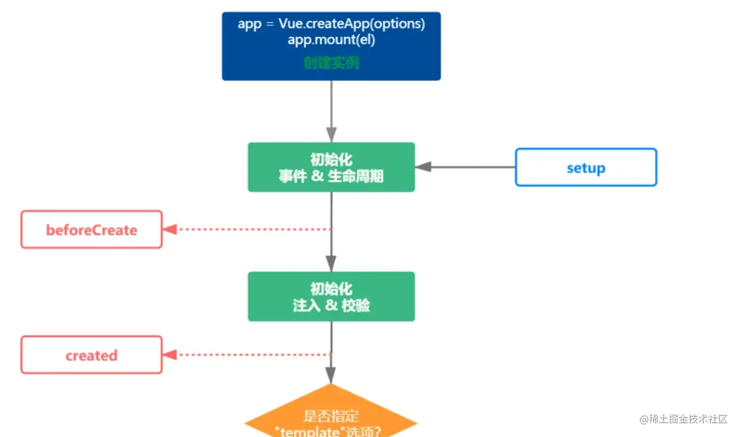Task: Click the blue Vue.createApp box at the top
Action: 331,46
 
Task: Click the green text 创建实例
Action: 331,63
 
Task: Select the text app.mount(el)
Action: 331,40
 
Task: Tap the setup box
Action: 586,167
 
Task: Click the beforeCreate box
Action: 92,229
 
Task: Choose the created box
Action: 92,355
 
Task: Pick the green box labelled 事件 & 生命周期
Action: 331,167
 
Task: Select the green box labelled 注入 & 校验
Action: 331,296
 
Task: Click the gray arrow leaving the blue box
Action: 331,110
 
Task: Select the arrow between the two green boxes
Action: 331,231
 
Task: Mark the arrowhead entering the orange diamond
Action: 330,376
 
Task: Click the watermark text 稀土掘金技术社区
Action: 683,419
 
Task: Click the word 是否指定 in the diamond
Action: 331,416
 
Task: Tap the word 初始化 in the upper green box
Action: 331,160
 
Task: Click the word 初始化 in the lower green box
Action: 331,289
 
